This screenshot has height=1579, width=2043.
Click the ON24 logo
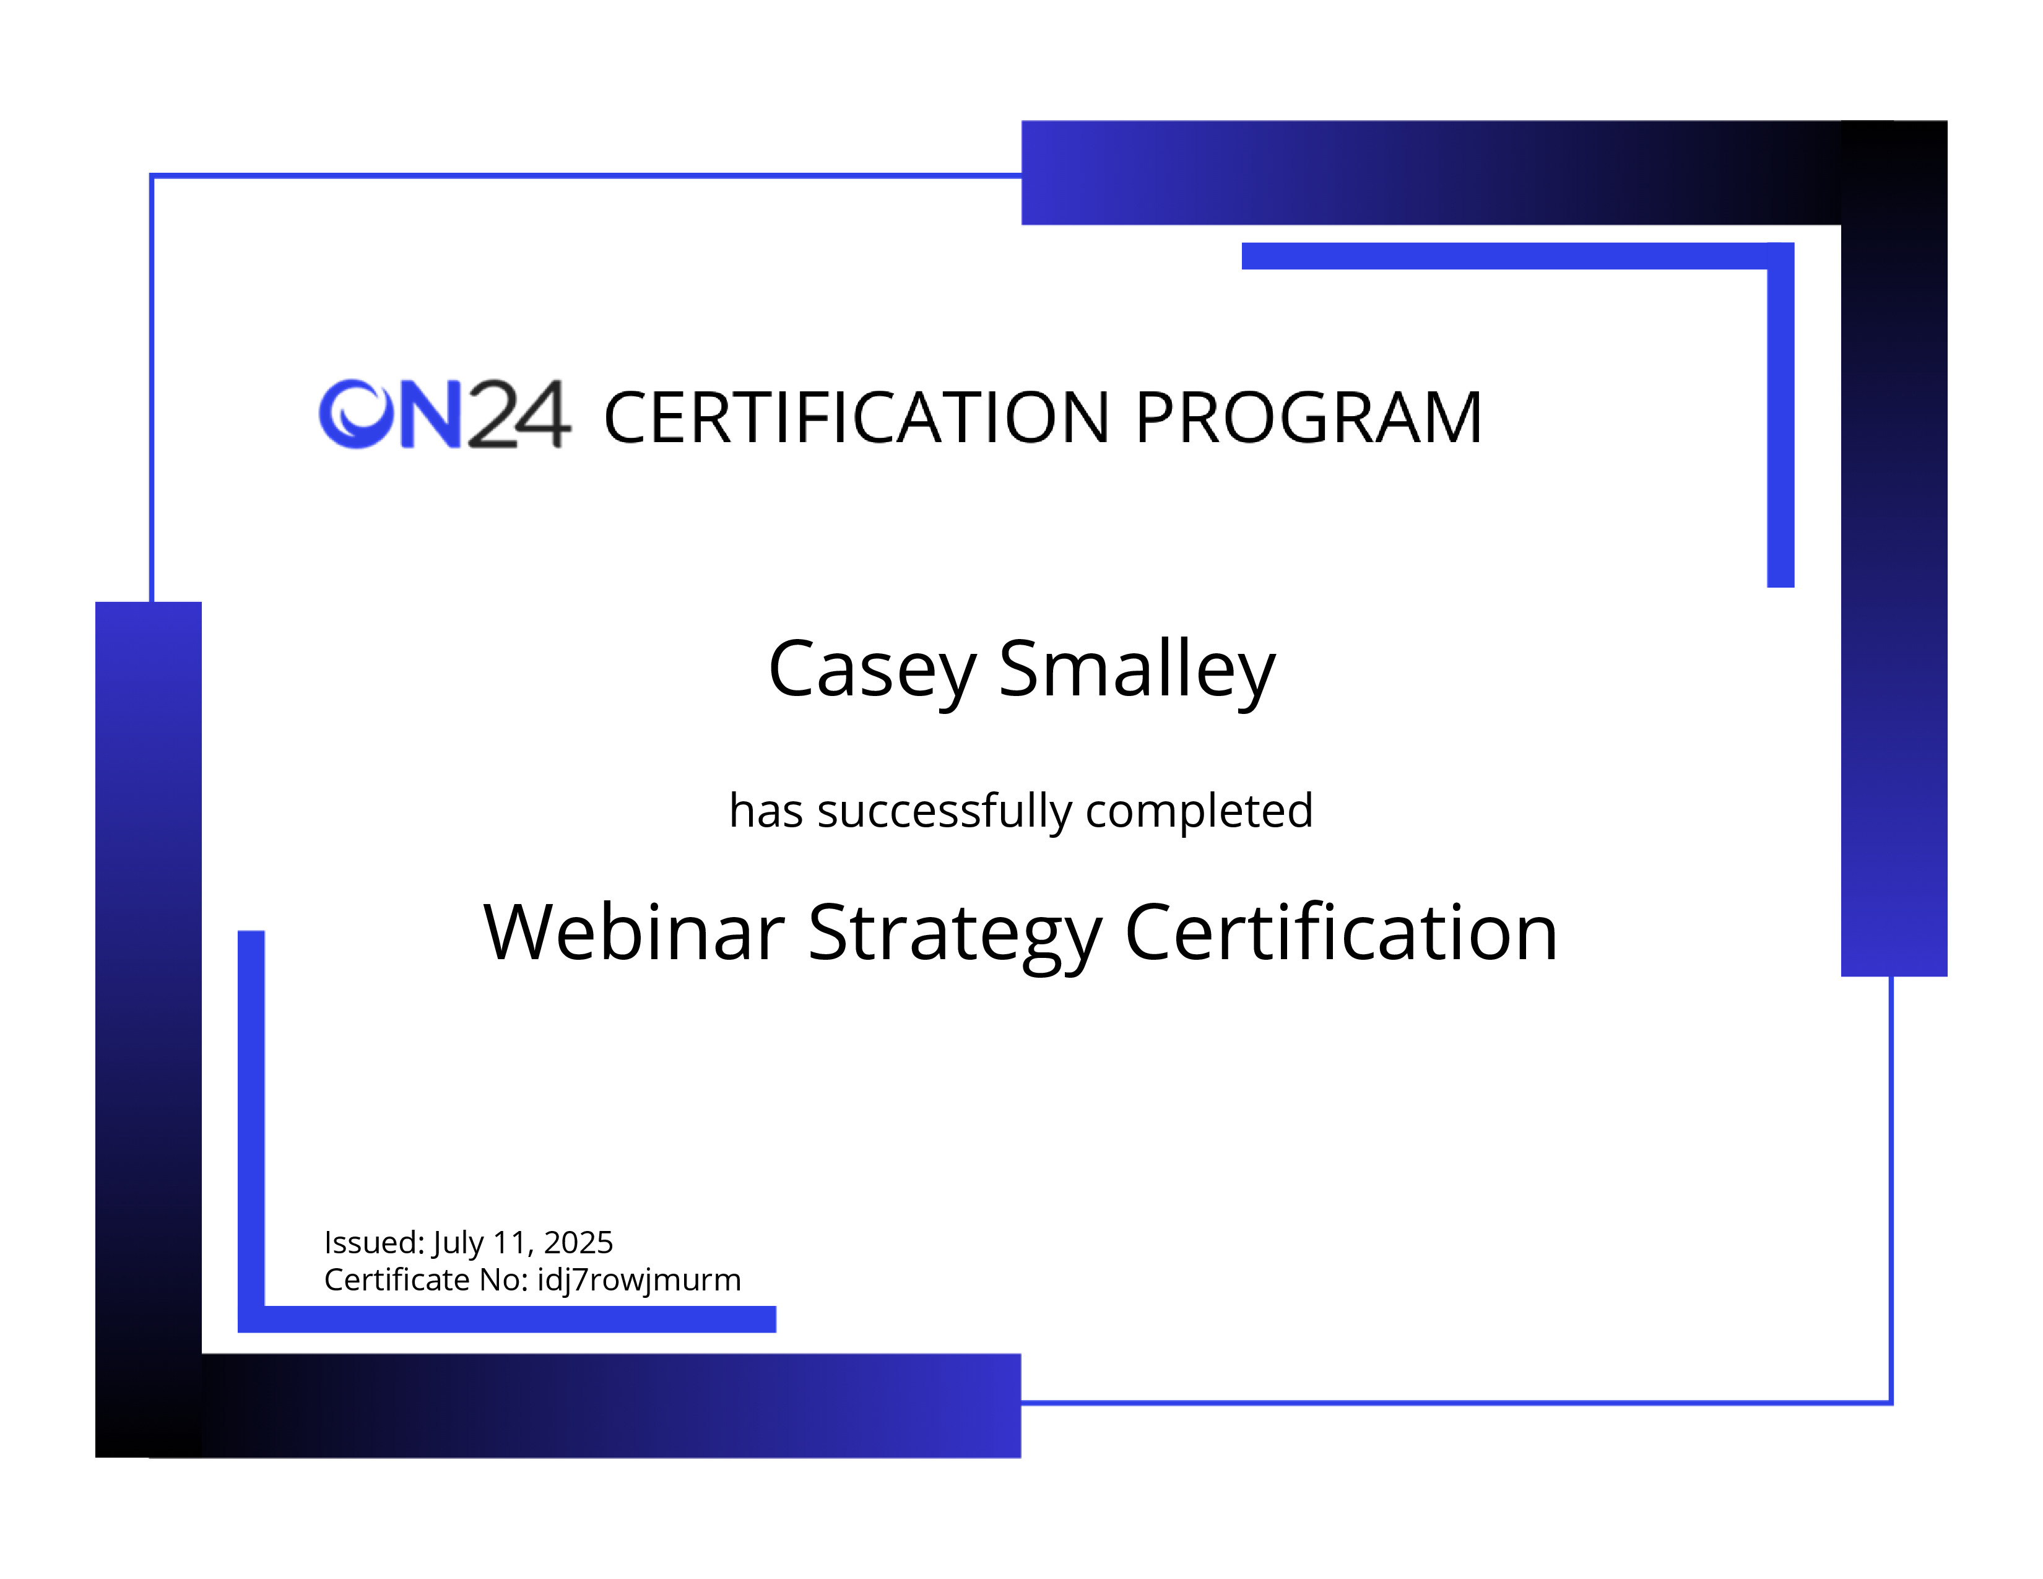coord(445,414)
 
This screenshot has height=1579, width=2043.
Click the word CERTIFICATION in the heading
coord(857,417)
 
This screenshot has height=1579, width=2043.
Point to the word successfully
coord(945,811)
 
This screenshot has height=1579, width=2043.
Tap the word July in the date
coord(458,1244)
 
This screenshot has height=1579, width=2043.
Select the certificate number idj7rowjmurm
coord(639,1281)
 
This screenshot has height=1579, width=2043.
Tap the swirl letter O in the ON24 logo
coord(357,414)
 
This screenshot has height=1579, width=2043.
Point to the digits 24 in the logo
coord(518,414)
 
